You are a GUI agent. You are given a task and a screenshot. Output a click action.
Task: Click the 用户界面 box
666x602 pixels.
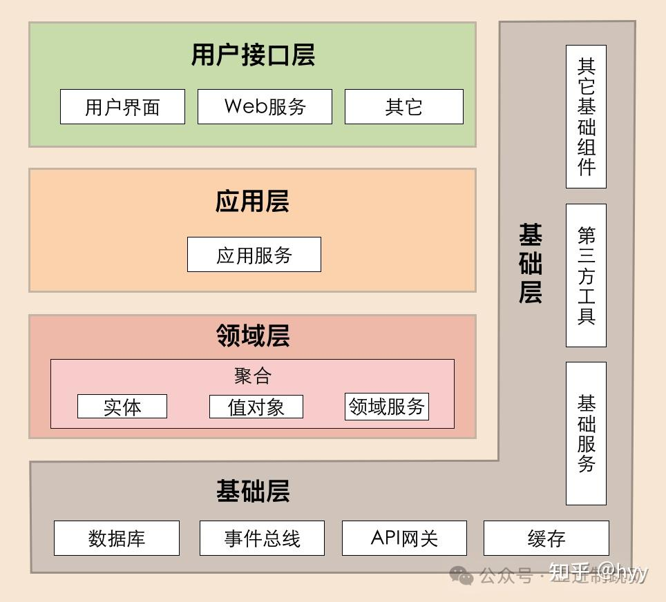(122, 107)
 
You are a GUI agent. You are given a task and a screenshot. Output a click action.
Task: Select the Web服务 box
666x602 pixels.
(265, 107)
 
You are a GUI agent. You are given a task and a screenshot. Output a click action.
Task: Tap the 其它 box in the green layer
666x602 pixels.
(403, 107)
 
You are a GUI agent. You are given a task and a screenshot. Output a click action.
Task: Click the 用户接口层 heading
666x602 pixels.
(253, 55)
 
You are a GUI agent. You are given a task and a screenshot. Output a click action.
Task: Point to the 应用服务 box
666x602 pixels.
(254, 255)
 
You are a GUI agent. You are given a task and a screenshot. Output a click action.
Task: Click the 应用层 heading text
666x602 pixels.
(252, 202)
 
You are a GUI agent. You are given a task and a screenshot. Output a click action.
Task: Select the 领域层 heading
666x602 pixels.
(252, 336)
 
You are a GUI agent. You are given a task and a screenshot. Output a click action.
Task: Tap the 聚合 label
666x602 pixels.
(252, 376)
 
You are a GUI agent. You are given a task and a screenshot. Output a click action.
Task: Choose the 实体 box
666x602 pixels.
(122, 407)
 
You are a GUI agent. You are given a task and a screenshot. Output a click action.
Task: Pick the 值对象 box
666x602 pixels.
(256, 407)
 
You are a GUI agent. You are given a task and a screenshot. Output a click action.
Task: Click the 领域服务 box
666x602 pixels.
(386, 407)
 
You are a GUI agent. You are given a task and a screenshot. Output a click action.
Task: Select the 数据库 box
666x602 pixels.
(117, 538)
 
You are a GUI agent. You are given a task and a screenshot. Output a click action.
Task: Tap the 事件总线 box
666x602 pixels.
(262, 538)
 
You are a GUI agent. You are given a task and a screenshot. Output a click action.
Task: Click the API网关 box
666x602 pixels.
(404, 538)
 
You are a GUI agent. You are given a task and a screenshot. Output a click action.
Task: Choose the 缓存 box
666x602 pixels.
(546, 538)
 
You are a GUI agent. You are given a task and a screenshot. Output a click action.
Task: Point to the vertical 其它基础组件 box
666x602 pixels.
(586, 117)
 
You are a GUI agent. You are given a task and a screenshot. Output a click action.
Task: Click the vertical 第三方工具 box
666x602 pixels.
(586, 275)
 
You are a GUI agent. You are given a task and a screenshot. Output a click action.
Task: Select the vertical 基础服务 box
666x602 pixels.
(586, 434)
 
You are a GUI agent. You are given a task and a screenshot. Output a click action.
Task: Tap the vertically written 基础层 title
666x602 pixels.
(530, 264)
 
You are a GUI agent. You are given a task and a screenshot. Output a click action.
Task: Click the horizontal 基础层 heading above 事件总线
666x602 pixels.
(252, 492)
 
